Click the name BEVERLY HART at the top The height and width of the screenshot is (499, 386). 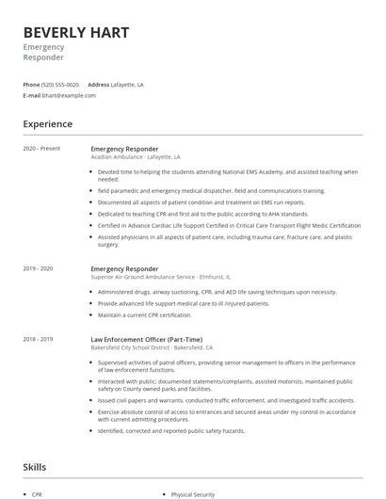pos(75,33)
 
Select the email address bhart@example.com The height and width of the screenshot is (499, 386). pos(70,95)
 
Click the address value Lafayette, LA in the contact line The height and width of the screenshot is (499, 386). pos(127,85)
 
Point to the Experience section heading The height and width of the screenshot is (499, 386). pos(48,124)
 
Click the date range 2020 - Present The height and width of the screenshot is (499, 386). pos(41,149)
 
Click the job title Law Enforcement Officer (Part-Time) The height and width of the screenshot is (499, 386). pos(146,339)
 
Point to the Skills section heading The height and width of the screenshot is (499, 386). pos(36,466)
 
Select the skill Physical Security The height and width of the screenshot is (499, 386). pos(193,493)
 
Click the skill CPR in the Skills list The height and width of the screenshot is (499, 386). pos(38,493)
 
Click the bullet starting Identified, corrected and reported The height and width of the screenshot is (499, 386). pos(170,430)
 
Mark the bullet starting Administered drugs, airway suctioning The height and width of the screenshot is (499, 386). pos(217,292)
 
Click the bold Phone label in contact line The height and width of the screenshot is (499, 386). pos(31,85)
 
